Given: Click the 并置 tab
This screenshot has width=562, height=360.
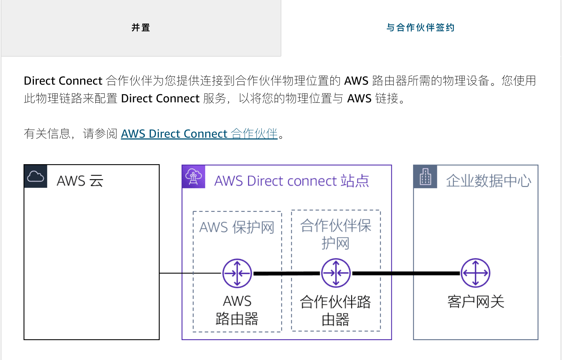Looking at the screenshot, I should [141, 28].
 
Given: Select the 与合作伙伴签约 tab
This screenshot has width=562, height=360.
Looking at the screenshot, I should [420, 28].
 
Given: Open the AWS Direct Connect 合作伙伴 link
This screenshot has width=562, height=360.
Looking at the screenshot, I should [199, 134].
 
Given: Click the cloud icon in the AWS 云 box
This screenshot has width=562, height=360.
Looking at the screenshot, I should [36, 177].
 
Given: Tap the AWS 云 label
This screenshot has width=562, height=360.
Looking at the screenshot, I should [80, 181].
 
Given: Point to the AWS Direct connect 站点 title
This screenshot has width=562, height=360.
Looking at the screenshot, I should [292, 181].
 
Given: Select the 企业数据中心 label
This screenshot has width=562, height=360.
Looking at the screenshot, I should [488, 181].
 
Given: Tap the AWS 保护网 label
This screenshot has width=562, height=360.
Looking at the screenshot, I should [237, 227].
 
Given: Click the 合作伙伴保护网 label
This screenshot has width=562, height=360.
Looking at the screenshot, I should [335, 234].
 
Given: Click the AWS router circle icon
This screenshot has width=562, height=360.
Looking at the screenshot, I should [237, 273].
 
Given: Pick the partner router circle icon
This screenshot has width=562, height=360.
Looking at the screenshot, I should [336, 273].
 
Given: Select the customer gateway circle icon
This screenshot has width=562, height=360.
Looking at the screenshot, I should [476, 273].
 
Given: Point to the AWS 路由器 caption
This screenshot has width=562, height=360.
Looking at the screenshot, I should [237, 310].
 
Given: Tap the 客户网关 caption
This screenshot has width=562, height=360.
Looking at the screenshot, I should [476, 302].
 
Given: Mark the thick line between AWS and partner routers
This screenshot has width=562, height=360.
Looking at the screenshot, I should [287, 273].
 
